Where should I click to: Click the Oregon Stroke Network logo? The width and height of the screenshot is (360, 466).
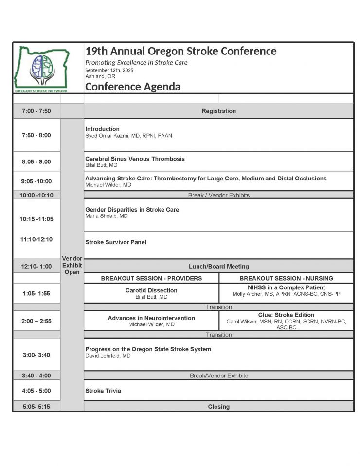(41, 69)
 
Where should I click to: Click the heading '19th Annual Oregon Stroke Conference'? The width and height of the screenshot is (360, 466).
(180, 51)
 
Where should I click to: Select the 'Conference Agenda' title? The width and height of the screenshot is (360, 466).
(133, 87)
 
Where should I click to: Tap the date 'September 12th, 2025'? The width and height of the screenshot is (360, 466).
(109, 70)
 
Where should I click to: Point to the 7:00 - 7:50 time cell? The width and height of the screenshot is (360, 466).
(36, 111)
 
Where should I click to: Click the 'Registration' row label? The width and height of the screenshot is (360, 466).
(218, 111)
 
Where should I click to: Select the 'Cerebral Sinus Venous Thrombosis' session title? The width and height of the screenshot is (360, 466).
(135, 159)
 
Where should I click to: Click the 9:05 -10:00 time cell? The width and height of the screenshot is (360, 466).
(36, 181)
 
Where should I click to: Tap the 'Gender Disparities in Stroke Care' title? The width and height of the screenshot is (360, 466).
(132, 210)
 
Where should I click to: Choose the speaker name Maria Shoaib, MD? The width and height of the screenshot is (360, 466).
(107, 216)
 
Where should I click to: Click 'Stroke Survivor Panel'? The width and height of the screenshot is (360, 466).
(116, 242)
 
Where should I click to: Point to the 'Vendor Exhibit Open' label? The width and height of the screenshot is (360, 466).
(72, 266)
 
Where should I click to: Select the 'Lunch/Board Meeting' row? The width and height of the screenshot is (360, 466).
(218, 267)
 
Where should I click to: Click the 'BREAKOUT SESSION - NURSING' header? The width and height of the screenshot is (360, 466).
(286, 279)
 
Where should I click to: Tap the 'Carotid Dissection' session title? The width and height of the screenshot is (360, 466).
(151, 290)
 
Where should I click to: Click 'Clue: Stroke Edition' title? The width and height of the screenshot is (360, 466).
(286, 315)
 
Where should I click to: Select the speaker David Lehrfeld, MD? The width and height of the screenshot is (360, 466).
(108, 356)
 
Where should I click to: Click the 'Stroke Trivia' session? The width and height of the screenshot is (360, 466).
(103, 391)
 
